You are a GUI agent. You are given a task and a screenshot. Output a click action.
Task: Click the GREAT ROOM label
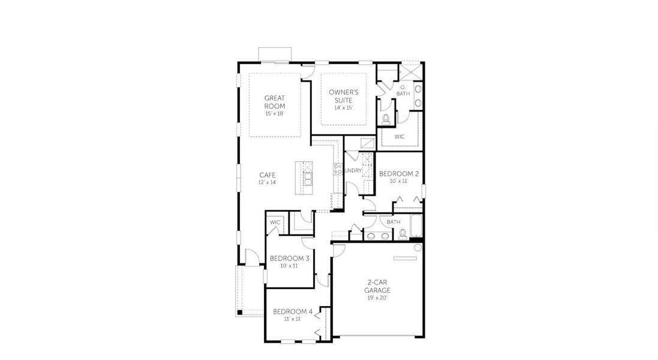tap(275, 101)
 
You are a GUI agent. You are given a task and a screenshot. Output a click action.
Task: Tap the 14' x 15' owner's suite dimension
tap(343, 108)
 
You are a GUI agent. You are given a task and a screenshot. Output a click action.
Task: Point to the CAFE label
tap(268, 175)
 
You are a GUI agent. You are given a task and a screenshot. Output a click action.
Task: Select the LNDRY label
tap(354, 170)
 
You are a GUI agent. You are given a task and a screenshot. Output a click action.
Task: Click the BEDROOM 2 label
tap(399, 173)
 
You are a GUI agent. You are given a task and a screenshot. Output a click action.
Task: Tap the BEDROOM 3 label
tap(290, 259)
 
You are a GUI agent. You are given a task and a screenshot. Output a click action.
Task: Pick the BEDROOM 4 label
tap(293, 311)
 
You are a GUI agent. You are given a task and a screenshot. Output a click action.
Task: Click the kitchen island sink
tap(308, 178)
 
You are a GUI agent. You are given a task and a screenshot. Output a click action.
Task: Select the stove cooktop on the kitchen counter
tap(338, 169)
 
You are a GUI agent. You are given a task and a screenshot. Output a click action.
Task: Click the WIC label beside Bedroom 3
tap(275, 222)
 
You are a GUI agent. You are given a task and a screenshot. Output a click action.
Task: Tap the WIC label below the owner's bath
tap(399, 137)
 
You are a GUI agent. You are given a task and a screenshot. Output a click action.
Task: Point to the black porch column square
tap(239, 312)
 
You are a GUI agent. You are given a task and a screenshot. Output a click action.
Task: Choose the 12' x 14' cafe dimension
tap(268, 182)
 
